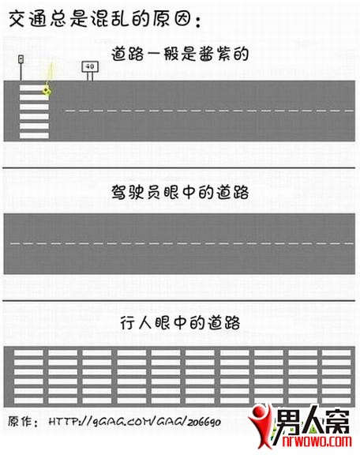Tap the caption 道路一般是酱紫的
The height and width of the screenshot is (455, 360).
pos(180,55)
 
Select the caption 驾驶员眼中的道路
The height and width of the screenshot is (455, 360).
pos(180,193)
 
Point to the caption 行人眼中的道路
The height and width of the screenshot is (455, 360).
pos(180,323)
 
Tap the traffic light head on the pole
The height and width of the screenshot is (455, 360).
pos(21,59)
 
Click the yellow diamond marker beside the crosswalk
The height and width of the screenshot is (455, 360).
pos(47,92)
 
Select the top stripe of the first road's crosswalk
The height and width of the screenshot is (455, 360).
pos(34,88)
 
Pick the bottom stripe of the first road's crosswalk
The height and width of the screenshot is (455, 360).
pos(34,136)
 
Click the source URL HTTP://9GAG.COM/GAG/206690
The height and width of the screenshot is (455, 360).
pos(134,422)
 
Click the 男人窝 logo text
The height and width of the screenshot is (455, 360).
pos(312,421)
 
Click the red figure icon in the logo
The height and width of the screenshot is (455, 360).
pos(261,427)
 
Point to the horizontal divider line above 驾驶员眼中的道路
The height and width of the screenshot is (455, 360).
pos(179,168)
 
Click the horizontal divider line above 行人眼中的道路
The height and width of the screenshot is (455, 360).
pos(179,301)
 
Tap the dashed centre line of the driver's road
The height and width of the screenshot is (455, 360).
pos(182,243)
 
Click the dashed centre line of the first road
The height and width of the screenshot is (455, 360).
pos(209,111)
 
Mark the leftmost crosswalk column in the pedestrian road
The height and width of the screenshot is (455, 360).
pos(28,377)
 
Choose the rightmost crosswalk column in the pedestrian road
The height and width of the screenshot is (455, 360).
pos(336,377)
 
